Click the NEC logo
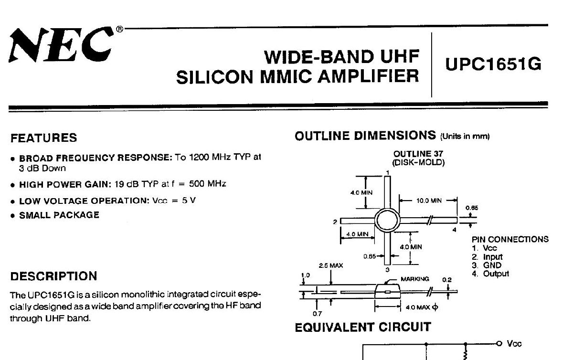[x=62, y=45]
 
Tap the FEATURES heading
[x=44, y=138]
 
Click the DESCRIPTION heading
[x=53, y=276]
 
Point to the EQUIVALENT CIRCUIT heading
[x=363, y=327]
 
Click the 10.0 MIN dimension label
[x=429, y=201]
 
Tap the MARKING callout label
[x=414, y=279]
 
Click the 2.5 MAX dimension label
[x=331, y=265]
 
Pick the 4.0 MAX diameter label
[x=422, y=307]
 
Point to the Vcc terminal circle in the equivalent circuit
[x=499, y=344]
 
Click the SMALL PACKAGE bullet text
[x=59, y=215]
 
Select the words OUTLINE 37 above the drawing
[x=418, y=154]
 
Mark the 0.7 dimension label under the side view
[x=317, y=313]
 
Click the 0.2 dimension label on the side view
[x=446, y=280]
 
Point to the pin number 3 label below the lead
[x=387, y=269]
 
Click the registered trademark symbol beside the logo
[x=119, y=29]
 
